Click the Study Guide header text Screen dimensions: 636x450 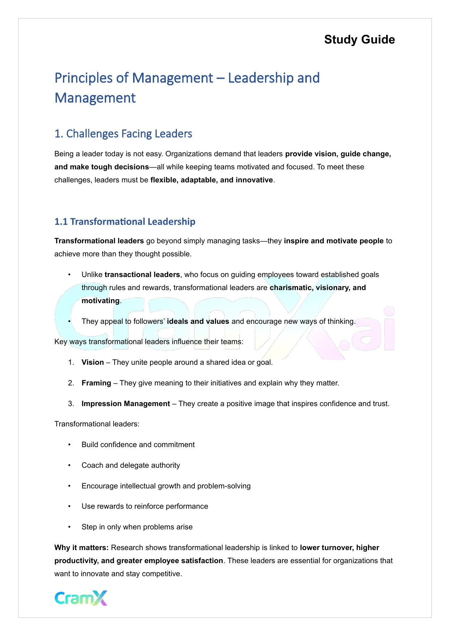coord(359,40)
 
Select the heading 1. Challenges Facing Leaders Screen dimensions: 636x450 coord(123,134)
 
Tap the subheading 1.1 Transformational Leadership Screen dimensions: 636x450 coord(125,222)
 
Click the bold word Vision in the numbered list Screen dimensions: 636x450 coord(92,362)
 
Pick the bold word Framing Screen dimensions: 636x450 coord(96,383)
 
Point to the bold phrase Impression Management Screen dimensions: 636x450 coord(125,404)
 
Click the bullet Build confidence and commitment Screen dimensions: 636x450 coord(138,445)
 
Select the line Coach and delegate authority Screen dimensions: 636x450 coord(131,465)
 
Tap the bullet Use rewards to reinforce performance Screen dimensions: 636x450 coord(145,506)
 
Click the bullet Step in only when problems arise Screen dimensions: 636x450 coord(137,527)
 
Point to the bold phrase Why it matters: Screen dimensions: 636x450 coord(82,548)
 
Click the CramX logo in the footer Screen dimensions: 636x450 coord(81,598)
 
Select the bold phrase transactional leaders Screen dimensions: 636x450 coord(142,274)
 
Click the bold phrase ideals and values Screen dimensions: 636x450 coord(198,321)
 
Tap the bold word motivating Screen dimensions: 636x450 coord(100,301)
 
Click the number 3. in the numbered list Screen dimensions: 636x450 coord(71,404)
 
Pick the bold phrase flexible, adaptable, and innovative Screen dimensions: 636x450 coord(211,180)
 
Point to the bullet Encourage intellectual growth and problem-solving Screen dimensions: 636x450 coord(166,486)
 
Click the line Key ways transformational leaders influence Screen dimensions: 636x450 coord(149,342)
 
